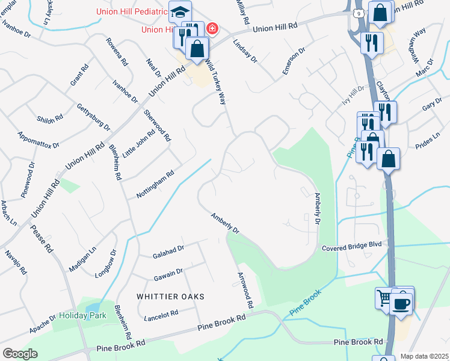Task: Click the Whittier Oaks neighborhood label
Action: pos(170,297)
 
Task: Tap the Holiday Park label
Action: pos(82,315)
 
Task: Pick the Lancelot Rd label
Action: pos(161,313)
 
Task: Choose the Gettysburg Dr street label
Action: pos(94,117)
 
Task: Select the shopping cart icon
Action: pos(384,297)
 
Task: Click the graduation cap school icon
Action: pos(179,11)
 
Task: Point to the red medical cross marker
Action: pos(212,28)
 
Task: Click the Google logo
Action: pos(20,354)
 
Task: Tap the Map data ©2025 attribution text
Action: pos(424,356)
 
